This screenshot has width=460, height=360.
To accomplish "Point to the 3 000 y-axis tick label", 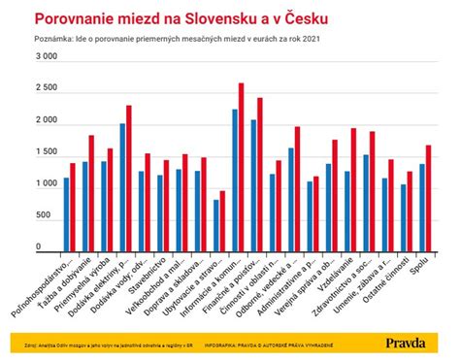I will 45,58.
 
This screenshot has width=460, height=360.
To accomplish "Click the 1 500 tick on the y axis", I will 45,153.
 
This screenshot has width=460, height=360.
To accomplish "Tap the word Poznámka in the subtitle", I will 52,40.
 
